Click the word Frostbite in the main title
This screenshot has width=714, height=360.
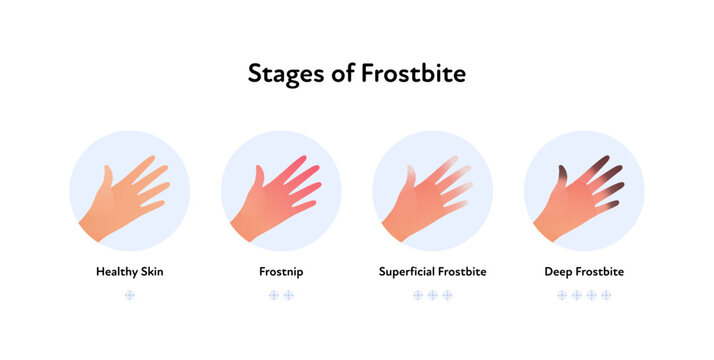pyautogui.click(x=413, y=73)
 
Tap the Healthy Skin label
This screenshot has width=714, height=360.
pyautogui.click(x=129, y=271)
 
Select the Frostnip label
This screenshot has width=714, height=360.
pyautogui.click(x=281, y=271)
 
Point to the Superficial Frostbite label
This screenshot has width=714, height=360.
pyautogui.click(x=432, y=271)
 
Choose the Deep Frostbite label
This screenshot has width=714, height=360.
pyautogui.click(x=584, y=271)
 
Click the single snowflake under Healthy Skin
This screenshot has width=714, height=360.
pyautogui.click(x=129, y=295)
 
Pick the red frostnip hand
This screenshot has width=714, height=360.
pyautogui.click(x=274, y=200)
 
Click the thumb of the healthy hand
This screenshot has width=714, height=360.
pyautogui.click(x=107, y=179)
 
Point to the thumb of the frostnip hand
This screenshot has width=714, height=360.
pyautogui.click(x=259, y=179)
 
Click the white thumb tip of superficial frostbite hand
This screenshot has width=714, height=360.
pyautogui.click(x=411, y=172)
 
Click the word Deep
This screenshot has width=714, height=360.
pyautogui.click(x=558, y=271)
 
